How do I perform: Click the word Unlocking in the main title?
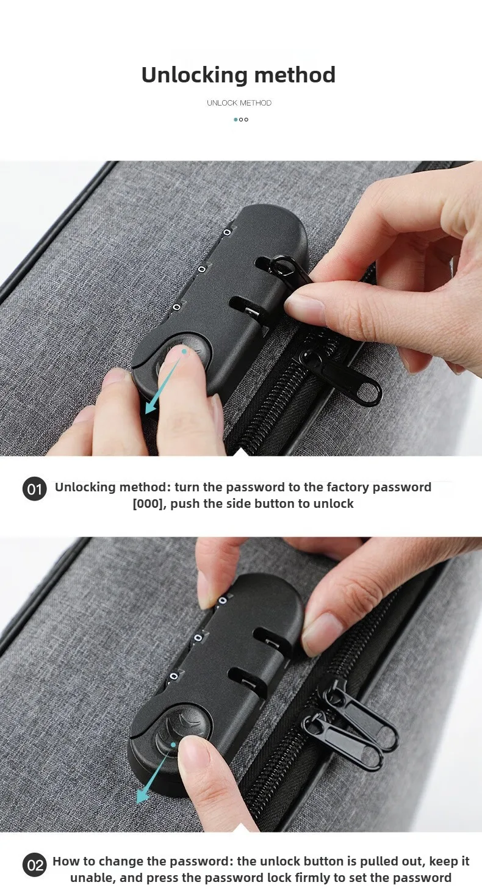point(195,76)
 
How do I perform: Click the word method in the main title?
point(295,75)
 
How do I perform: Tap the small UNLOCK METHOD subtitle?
point(239,103)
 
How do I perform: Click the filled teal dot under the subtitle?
point(236,120)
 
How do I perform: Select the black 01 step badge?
point(34,489)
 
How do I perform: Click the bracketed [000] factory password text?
point(149,504)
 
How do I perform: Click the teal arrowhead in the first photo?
point(151,407)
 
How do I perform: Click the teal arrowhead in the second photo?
point(142,797)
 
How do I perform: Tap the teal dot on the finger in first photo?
point(184,352)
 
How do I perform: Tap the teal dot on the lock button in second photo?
point(173,745)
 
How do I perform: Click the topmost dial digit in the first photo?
point(227,233)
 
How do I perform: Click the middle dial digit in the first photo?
point(201,270)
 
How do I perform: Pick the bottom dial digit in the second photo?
point(174,676)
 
